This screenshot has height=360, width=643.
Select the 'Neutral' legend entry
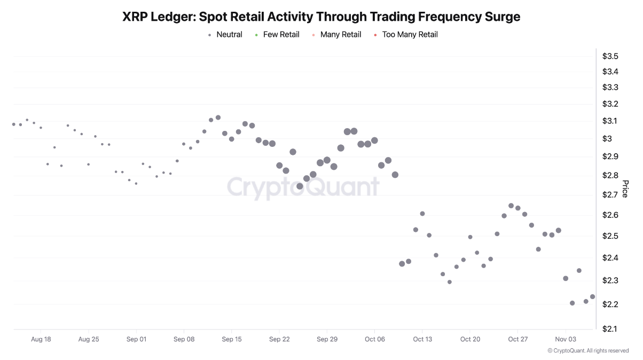pos(229,35)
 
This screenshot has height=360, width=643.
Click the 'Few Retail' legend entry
pos(281,35)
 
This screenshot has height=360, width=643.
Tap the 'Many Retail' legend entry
pos(340,35)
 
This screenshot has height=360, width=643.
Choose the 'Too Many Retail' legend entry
pos(409,35)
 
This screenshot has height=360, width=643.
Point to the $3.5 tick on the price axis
pos(610,56)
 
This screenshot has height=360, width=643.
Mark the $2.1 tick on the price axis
pos(610,328)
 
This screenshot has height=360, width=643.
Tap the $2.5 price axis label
pos(610,236)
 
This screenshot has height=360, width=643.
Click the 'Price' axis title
pos(625,189)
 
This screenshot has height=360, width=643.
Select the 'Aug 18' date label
pos(41,339)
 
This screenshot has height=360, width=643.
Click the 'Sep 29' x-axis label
pos(327,339)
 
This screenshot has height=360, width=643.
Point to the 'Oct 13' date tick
pos(422,339)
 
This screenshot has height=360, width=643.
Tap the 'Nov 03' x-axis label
pos(566,339)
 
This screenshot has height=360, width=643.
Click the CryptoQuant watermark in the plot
pos(303,187)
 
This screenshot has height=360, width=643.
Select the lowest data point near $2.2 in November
pos(573,303)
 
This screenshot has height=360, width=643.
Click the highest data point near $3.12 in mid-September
pos(218,118)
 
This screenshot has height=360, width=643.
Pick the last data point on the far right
pos(592,296)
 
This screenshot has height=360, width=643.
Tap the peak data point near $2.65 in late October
pos(511,206)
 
